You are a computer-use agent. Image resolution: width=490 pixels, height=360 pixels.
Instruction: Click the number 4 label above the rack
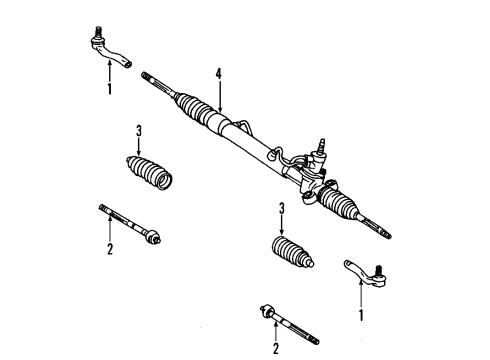point(218,73)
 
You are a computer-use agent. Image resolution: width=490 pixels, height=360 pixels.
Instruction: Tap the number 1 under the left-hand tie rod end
point(109,89)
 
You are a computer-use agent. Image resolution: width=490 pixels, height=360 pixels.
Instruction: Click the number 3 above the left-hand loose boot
point(139,130)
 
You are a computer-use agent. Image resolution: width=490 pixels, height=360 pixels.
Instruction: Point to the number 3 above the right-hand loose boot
point(283,209)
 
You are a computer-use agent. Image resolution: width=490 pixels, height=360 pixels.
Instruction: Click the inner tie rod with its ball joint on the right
point(130,224)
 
